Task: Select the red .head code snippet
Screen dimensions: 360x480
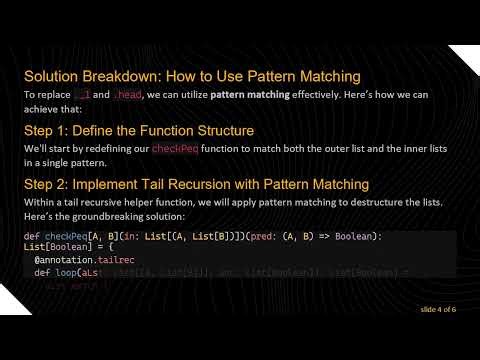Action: coord(128,94)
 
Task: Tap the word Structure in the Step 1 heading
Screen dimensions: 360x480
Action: coord(220,130)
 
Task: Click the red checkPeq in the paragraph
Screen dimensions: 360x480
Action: coord(176,148)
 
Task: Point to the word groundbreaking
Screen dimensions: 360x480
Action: coord(110,216)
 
